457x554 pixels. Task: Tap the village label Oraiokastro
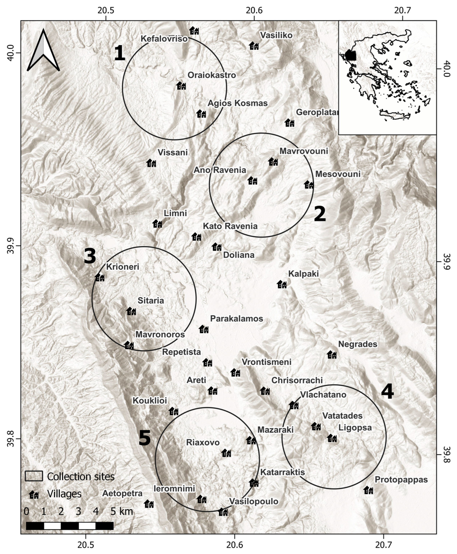(x=212, y=75)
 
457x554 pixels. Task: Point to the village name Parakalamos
(x=236, y=319)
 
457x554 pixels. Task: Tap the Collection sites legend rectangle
(x=34, y=476)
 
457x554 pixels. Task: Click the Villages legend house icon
(x=34, y=495)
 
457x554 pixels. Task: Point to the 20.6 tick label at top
(x=254, y=11)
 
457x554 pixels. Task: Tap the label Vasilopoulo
(x=254, y=501)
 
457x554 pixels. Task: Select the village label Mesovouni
(x=338, y=174)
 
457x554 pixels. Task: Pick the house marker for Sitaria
(x=131, y=311)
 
